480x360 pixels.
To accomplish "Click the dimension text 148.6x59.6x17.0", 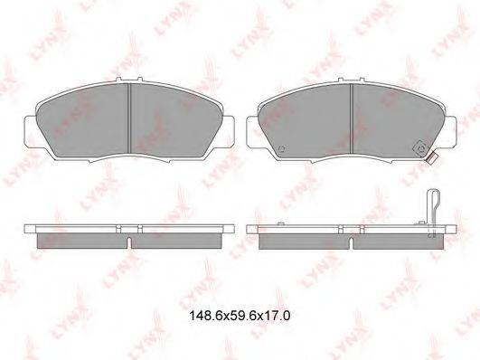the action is point(240,316).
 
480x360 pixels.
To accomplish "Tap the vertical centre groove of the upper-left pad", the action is point(129,118).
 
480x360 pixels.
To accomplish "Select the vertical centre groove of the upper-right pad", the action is point(352,118).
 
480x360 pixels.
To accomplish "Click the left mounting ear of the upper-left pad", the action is point(30,132).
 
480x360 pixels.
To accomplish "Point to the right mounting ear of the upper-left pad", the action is point(229,132).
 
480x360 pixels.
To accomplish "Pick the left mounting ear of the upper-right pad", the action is point(252,132).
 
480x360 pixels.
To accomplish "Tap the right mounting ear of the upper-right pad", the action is point(451,132).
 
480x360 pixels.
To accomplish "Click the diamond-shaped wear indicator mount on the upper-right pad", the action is point(421,149).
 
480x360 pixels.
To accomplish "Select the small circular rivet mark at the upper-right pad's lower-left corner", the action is point(282,148).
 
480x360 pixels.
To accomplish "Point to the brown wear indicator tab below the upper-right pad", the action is point(432,158).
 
